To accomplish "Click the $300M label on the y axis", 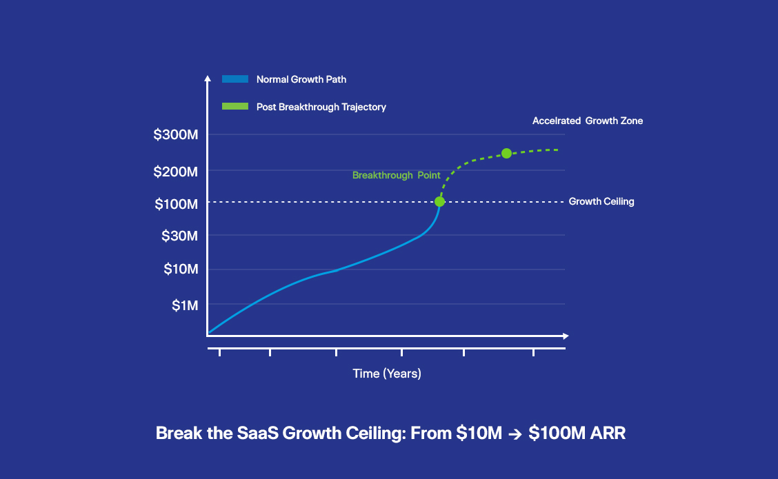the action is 176,134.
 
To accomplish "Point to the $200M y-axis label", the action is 176,172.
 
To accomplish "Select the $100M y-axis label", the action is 176,204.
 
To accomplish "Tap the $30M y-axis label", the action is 179,236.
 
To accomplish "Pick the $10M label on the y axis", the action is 181,269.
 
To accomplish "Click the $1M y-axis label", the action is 185,305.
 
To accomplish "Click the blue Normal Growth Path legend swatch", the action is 235,79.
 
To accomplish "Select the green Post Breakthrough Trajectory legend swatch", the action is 235,106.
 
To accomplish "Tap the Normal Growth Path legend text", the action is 301,79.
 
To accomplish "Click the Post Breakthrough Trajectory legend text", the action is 321,107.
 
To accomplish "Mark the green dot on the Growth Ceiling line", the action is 439,201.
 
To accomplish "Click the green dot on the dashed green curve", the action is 506,153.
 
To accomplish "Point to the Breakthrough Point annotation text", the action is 397,175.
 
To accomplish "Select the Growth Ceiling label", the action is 601,201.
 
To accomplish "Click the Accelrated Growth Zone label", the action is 588,121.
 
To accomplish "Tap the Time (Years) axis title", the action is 387,374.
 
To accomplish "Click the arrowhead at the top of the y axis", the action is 208,78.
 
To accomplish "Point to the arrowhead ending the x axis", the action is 566,336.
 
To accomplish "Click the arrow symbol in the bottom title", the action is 515,434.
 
